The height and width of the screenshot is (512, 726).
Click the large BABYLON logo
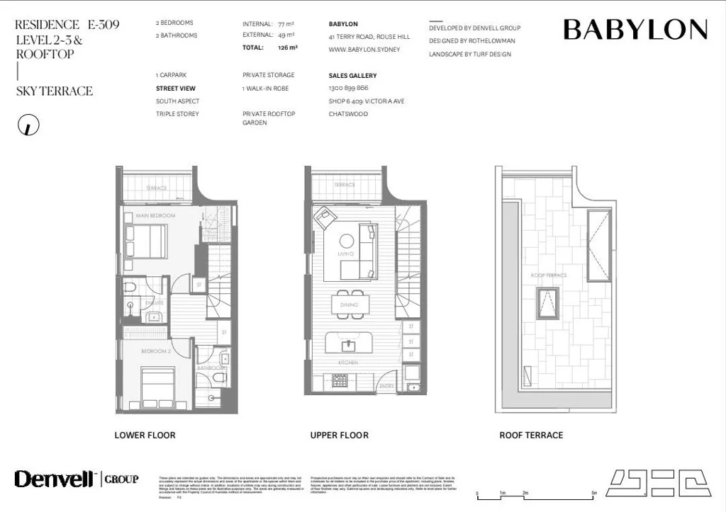635,30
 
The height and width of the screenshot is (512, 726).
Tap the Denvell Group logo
77,479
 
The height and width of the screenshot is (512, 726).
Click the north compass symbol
28,125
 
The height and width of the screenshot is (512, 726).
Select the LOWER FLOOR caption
145,435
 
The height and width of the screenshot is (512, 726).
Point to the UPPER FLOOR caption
339,435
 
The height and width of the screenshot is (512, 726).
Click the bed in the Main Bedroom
145,241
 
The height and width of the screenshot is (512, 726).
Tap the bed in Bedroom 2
157,385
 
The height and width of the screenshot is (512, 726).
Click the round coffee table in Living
347,241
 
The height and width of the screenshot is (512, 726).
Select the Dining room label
348,305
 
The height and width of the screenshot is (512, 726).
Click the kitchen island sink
348,346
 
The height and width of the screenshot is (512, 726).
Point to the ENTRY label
387,386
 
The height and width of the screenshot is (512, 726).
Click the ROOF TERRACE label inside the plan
548,275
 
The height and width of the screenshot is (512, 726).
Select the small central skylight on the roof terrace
547,303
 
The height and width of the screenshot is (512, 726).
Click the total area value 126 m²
288,47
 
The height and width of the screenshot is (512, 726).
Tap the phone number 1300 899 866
348,89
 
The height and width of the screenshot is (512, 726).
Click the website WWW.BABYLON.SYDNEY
364,50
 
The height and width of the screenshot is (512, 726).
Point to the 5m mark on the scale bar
594,493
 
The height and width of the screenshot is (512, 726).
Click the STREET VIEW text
176,89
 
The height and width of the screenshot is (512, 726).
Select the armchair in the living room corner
324,217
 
